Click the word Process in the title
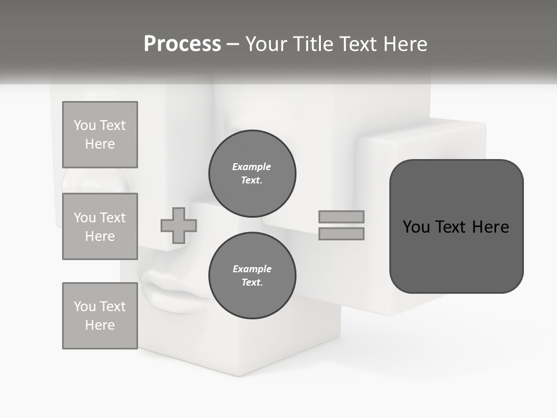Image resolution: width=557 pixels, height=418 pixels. pos(182,44)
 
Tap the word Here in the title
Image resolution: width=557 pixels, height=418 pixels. pos(403,44)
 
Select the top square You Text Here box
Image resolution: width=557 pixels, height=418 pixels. pos(100,135)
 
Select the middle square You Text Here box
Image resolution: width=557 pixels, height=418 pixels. pos(100,226)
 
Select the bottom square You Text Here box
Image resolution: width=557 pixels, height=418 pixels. pos(100,316)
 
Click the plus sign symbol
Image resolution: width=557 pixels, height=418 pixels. pos(179,225)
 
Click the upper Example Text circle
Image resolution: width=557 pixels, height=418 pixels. pos(252,174)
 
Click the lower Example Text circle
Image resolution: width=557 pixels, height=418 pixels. pos(252,276)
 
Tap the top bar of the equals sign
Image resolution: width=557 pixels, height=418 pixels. pos(342,217)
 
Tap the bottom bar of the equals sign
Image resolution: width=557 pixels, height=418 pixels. pos(342,233)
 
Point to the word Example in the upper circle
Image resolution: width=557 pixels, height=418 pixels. pos(252,167)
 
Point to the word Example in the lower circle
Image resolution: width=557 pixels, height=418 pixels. pos(252,269)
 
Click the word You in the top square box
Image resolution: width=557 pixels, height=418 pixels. pos(85,125)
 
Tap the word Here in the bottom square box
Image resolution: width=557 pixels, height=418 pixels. pos(100,325)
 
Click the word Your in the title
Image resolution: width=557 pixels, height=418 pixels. pos(266,44)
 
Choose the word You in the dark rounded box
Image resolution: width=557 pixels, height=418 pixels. pos(416,226)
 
